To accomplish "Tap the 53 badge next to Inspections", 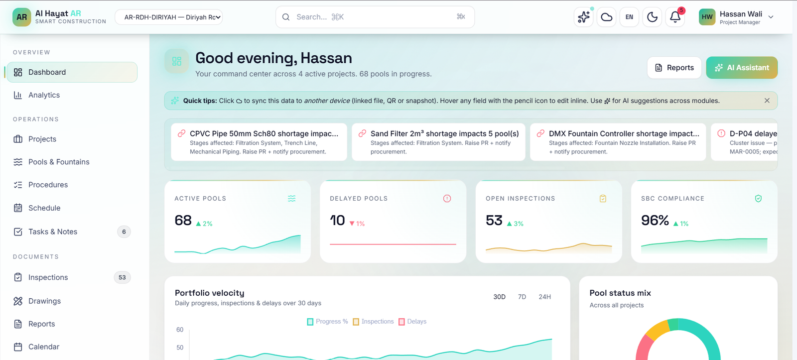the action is point(122,277).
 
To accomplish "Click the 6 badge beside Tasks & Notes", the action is point(124,232).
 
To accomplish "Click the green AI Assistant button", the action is point(742,68).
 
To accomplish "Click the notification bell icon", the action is point(675,17).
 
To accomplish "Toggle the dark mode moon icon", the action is point(652,17).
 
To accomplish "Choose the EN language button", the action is point(630,17).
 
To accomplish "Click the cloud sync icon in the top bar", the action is point(607,17).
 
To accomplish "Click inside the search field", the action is point(375,17).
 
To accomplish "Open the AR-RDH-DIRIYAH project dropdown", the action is point(169,17).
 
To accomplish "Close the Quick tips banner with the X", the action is point(767,101).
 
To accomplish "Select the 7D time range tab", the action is point(522,297).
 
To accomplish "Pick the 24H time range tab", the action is point(545,297).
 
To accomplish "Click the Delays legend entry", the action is point(412,322).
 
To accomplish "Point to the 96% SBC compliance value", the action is point(655,221).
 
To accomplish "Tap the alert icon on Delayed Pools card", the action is point(447,199).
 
